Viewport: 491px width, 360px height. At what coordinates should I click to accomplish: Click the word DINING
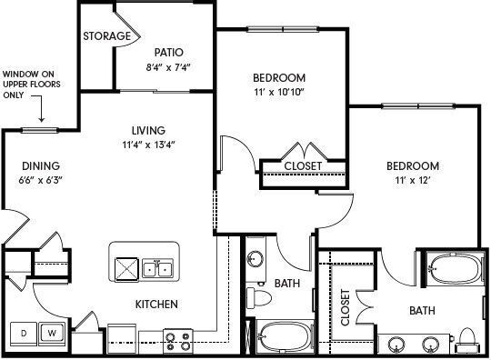pyautogui.click(x=41, y=165)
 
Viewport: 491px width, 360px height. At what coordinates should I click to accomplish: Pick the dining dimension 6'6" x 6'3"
pyautogui.click(x=41, y=180)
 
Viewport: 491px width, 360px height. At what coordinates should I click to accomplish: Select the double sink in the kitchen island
pyautogui.click(x=159, y=268)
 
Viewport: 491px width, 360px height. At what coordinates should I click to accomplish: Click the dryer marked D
pyautogui.click(x=24, y=332)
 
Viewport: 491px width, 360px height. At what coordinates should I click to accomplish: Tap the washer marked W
pyautogui.click(x=52, y=332)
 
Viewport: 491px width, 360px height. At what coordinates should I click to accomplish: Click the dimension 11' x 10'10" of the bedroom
pyautogui.click(x=280, y=93)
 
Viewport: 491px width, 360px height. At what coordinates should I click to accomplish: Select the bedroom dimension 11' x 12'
pyautogui.click(x=412, y=181)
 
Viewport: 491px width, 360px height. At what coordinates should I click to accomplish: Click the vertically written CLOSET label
pyautogui.click(x=346, y=308)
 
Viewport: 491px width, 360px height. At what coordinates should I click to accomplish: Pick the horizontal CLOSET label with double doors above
pyautogui.click(x=303, y=166)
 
